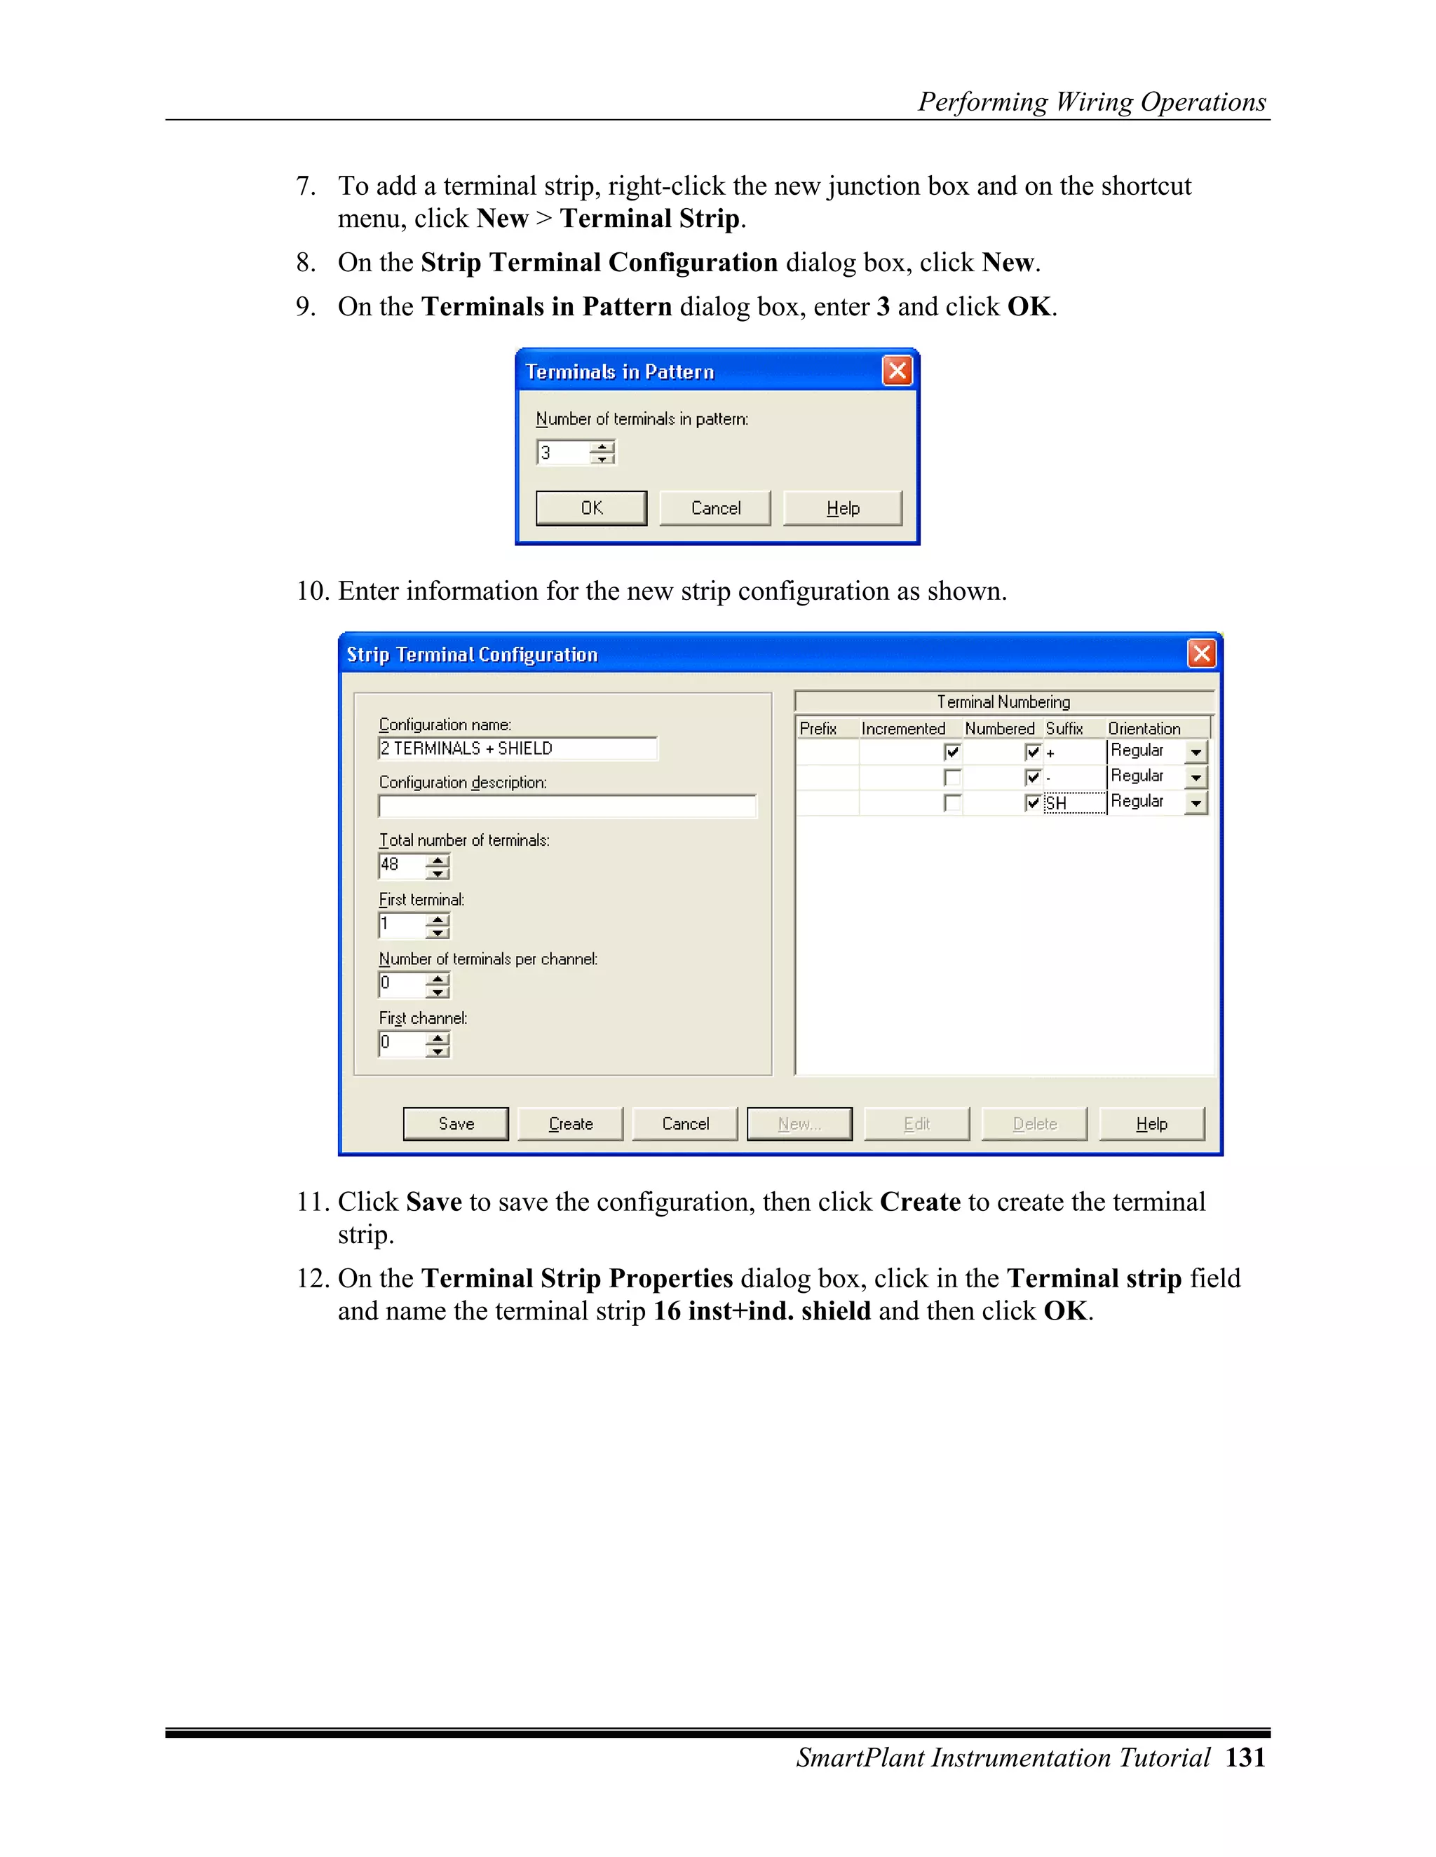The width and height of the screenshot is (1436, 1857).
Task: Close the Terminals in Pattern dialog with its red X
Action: click(897, 371)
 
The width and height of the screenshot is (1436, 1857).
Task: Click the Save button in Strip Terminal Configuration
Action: click(455, 1123)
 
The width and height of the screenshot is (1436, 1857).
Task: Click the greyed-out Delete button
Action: click(1034, 1123)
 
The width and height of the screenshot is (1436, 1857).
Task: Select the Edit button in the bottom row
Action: click(916, 1123)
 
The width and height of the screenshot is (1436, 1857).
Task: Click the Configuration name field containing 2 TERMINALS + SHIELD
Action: click(517, 748)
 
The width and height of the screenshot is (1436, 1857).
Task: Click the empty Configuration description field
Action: click(567, 806)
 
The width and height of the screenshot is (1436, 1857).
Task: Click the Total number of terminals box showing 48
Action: click(400, 865)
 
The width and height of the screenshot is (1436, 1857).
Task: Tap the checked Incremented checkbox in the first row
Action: click(952, 752)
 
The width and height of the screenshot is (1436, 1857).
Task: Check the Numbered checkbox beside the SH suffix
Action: click(1033, 802)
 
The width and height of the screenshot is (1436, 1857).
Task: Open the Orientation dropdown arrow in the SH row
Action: click(1196, 802)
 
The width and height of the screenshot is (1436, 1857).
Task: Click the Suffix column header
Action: click(1064, 729)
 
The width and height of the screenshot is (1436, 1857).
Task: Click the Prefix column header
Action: click(818, 729)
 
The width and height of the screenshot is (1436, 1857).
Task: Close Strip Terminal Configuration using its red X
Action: click(1201, 654)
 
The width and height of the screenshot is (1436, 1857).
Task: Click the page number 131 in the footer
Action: click(1245, 1757)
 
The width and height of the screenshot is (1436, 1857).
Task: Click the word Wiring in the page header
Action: click(1094, 102)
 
